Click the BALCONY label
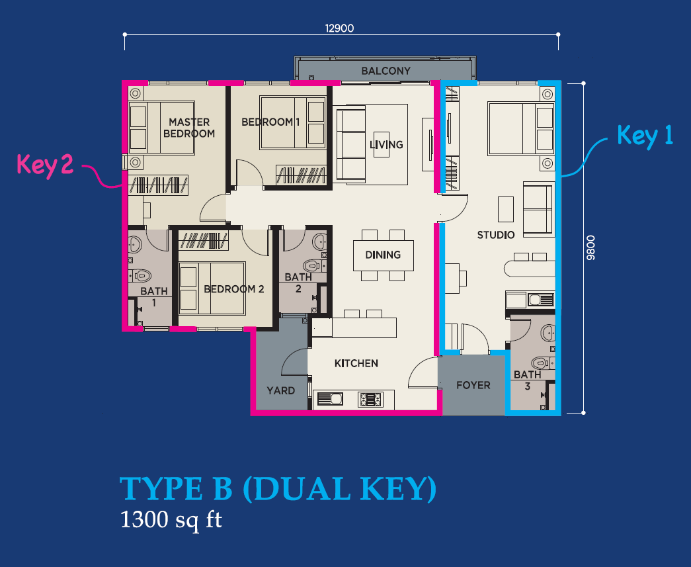(386, 71)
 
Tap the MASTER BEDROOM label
(189, 128)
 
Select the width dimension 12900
(339, 28)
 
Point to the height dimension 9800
(590, 247)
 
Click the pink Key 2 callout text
(45, 165)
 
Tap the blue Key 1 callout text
(645, 136)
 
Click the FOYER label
(473, 385)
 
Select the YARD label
(281, 390)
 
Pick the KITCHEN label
(356, 363)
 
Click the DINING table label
(383, 255)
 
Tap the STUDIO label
(496, 235)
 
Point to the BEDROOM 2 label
(233, 289)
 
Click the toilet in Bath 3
(540, 363)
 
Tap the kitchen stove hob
(370, 400)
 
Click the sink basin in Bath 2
(319, 241)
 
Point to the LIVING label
(386, 145)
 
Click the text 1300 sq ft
(171, 519)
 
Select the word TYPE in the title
(161, 489)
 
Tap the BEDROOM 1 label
(270, 122)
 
